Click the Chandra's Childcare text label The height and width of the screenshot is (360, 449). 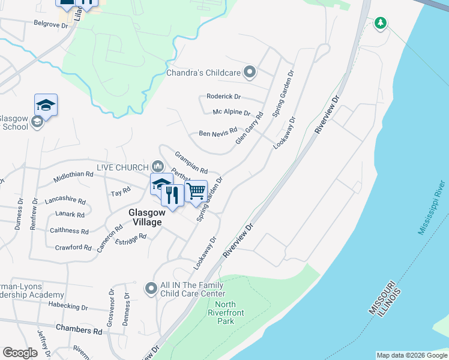pos(204,73)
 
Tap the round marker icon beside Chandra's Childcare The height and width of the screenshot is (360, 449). pos(250,73)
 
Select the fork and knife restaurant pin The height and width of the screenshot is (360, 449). pos(172,195)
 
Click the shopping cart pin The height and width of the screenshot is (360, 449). pos(196,191)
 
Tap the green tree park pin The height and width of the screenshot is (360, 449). pos(379,23)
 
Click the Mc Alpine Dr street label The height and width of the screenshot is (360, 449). pos(231,112)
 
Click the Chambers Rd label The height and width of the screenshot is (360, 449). pos(79,330)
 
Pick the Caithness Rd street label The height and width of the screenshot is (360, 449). pos(69,230)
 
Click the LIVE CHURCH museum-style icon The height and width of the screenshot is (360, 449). pos(157,166)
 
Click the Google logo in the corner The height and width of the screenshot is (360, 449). pos(20,353)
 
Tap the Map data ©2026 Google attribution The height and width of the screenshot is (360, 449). pos(412,355)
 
